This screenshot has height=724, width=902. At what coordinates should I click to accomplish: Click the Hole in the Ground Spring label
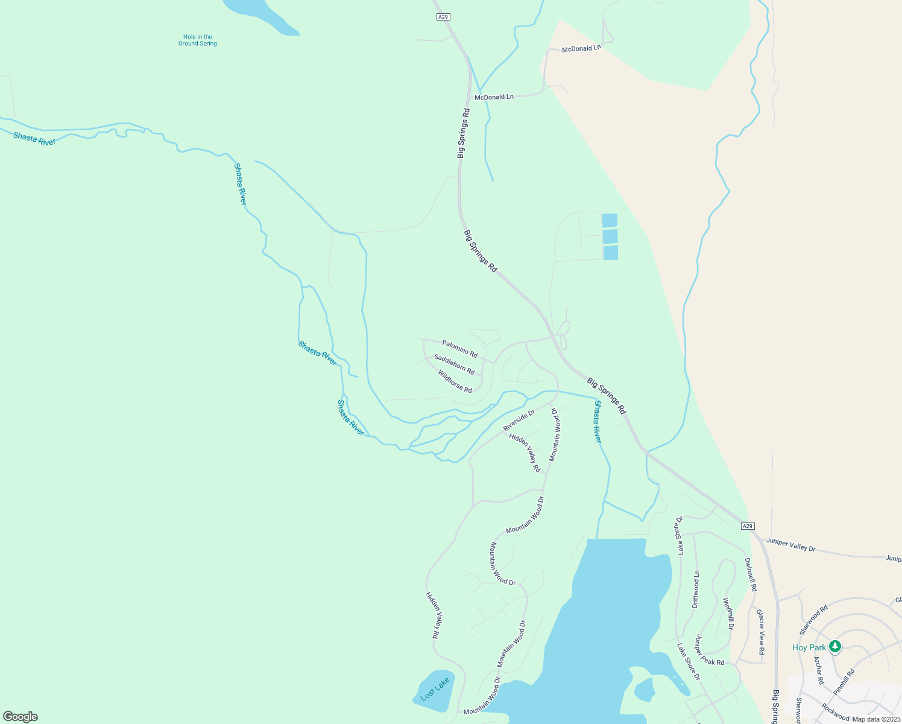(197, 40)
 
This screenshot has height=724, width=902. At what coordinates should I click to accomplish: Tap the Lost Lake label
(435, 689)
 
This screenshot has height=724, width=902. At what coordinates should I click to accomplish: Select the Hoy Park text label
(809, 647)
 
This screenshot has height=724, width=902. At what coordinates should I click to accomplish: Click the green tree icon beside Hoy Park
(835, 647)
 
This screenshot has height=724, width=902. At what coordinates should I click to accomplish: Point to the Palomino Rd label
(459, 348)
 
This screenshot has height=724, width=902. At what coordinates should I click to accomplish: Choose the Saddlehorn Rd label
(454, 364)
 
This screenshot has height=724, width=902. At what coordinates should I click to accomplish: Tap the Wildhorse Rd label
(455, 382)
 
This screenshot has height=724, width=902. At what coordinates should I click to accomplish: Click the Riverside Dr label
(519, 420)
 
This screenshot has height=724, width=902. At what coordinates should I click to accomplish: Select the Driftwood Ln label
(696, 589)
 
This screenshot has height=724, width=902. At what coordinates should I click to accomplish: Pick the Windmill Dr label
(728, 614)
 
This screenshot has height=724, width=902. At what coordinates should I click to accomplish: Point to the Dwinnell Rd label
(750, 574)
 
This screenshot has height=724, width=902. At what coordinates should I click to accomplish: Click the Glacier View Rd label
(761, 632)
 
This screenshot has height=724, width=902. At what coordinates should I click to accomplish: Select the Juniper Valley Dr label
(790, 545)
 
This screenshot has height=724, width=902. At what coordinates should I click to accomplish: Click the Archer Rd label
(819, 670)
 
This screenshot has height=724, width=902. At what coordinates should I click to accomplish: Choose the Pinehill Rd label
(844, 680)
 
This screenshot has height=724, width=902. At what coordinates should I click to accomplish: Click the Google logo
(20, 717)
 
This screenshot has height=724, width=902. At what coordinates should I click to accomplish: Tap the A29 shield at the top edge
(443, 17)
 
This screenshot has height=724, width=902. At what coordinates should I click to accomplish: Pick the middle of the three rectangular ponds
(610, 237)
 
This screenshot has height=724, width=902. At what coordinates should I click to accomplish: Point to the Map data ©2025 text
(875, 719)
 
